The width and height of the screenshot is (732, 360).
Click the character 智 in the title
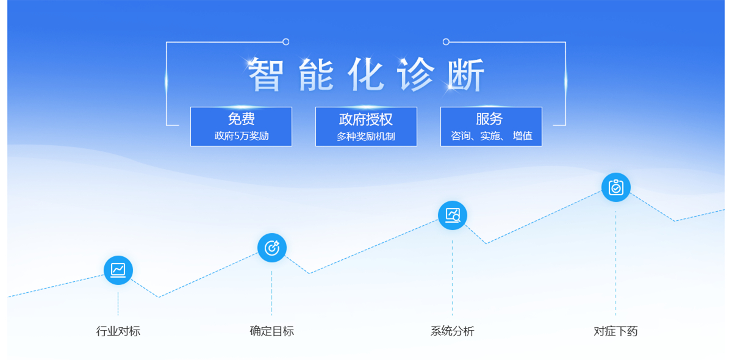coord(265,74)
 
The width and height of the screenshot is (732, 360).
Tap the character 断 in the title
coord(465,74)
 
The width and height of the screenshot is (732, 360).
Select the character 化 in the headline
coord(365,74)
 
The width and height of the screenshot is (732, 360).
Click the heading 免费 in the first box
coord(241,119)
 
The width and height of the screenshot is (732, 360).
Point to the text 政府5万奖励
coord(242,135)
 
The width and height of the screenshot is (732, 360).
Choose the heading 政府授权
coord(365,120)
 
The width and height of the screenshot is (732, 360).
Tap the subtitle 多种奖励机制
coord(365,136)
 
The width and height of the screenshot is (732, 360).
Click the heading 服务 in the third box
coord(489,119)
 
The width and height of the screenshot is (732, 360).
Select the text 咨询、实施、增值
coord(492,135)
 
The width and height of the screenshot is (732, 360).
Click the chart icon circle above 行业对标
coord(118,270)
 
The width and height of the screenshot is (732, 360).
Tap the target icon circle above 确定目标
coord(272,248)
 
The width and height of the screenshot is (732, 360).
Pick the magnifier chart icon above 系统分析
coord(452,215)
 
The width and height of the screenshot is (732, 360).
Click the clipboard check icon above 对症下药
coord(615,187)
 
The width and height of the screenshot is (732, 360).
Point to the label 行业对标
coord(118,331)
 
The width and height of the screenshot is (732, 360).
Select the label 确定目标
coord(272,331)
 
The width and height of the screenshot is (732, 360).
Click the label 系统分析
coord(452,331)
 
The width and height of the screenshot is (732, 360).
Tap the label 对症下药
coord(615,331)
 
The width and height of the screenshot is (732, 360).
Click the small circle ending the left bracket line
coord(286,42)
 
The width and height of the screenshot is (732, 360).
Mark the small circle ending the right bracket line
coord(446,42)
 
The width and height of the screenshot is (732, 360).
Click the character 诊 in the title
coord(415,74)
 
